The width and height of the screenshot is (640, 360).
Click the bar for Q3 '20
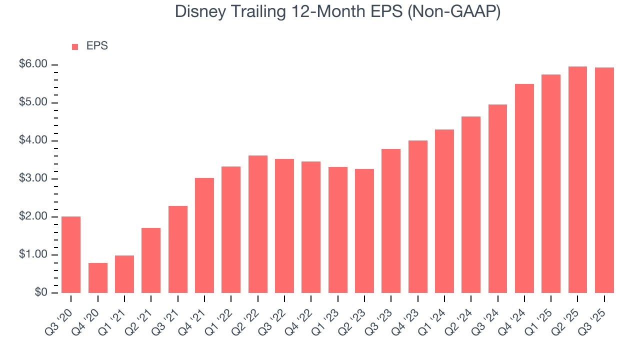[x=71, y=254]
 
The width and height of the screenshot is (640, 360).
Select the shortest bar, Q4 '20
[x=97, y=278]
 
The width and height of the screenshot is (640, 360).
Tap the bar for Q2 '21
[x=151, y=260]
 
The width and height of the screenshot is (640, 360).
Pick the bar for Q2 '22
[x=257, y=224]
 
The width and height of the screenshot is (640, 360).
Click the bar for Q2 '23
[x=364, y=231]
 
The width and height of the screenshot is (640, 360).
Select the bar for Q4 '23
[x=417, y=216]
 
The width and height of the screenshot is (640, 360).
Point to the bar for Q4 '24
[x=524, y=188]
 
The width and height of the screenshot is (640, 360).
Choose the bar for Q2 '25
[x=577, y=179]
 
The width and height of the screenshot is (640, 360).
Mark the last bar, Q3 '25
[x=604, y=180]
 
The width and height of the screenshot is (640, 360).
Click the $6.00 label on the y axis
[x=33, y=64]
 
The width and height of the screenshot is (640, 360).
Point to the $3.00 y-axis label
[x=33, y=178]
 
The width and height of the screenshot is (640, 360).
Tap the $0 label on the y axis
[x=41, y=293]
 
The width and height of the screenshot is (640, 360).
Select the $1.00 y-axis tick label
[x=33, y=255]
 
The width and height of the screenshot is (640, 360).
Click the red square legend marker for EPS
[x=75, y=46]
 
